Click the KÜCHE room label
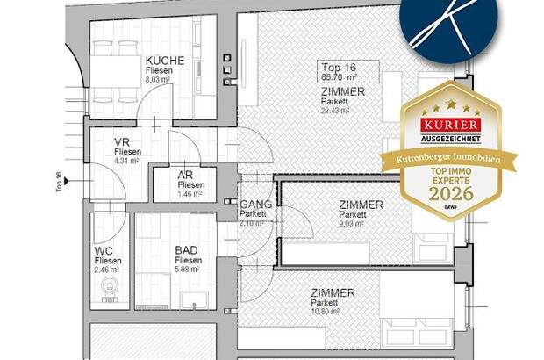click(165, 61)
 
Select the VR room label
click(123, 142)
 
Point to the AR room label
click(186, 175)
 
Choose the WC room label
click(104, 250)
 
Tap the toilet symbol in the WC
click(108, 296)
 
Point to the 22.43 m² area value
click(335, 112)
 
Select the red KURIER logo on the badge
click(447, 126)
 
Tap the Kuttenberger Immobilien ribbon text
click(447, 155)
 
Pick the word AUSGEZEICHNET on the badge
click(447, 139)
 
